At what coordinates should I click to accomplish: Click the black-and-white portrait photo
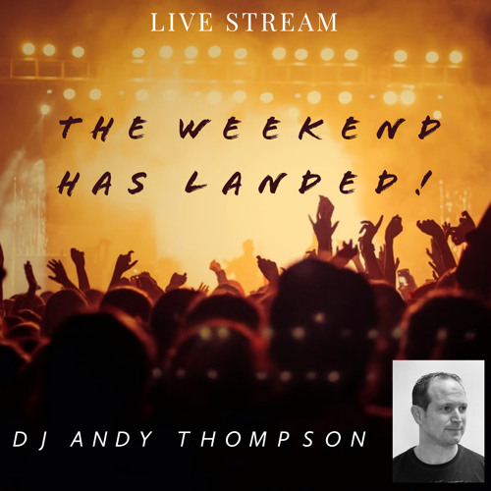tap(438, 420)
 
